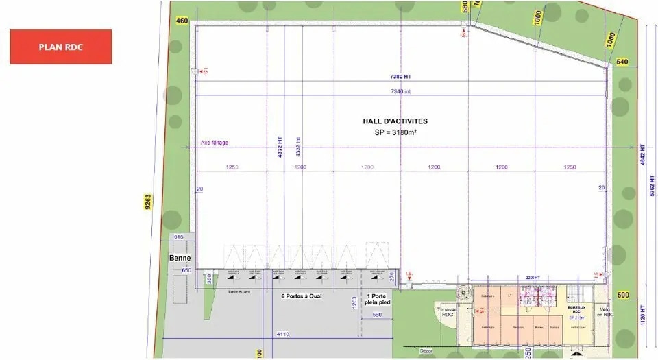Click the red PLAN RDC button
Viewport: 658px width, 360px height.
pos(60,47)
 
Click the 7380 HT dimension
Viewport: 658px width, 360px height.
pos(401,77)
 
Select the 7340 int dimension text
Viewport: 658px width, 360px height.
pos(401,91)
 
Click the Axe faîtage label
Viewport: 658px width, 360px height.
pos(215,143)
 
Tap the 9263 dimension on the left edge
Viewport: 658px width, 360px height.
pos(148,203)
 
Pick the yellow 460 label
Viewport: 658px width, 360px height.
pos(182,21)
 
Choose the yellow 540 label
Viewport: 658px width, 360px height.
pos(621,62)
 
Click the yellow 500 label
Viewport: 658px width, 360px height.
pos(622,295)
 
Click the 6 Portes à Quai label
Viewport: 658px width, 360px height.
pos(302,297)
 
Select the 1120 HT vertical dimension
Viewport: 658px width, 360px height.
pos(642,314)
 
